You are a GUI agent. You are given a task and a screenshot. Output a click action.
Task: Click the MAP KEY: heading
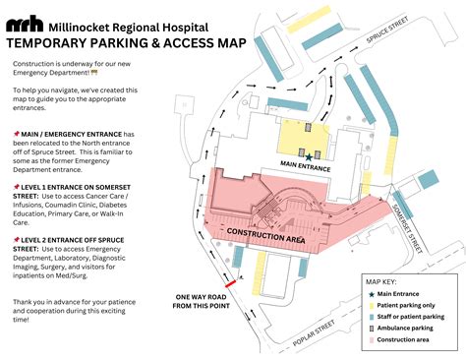[381, 281]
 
